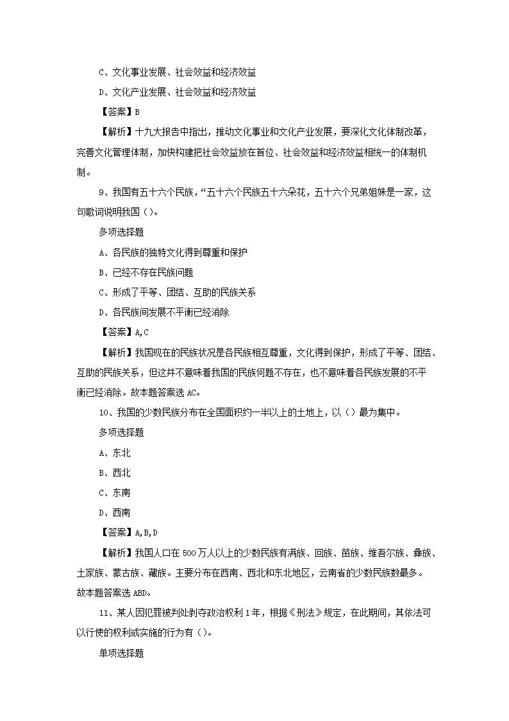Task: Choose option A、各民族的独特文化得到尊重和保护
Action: (173, 252)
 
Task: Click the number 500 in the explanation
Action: (190, 553)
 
